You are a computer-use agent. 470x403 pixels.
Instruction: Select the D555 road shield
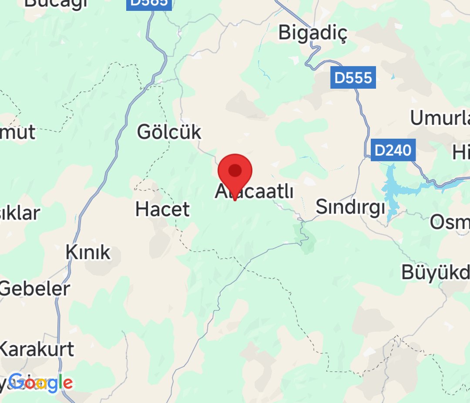[353, 78]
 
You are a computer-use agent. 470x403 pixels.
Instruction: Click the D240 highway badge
[393, 150]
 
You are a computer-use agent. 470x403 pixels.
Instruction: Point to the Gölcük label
[169, 132]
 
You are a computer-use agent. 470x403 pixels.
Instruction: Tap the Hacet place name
[162, 210]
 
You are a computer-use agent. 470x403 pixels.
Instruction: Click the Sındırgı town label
[350, 207]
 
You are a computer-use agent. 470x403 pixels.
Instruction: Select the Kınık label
[88, 252]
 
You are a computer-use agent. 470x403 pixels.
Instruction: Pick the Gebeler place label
[35, 289]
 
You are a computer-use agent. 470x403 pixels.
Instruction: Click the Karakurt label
[37, 349]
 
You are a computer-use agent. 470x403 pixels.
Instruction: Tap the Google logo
[40, 383]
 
